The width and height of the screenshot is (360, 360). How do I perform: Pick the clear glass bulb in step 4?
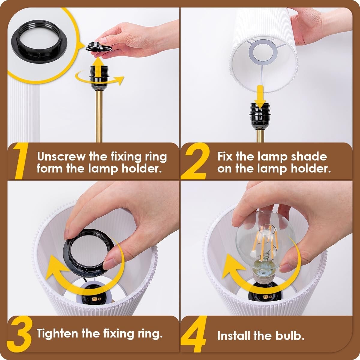(x=264, y=237)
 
